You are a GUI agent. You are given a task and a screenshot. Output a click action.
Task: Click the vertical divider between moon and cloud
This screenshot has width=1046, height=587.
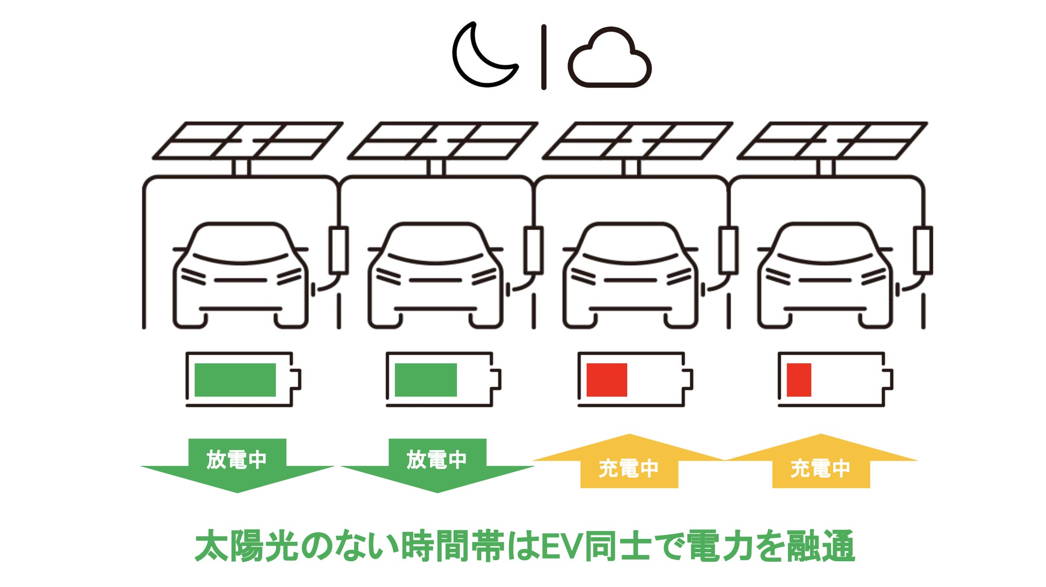coord(544,56)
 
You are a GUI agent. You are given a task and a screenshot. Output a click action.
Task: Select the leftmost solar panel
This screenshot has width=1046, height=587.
coord(248,141)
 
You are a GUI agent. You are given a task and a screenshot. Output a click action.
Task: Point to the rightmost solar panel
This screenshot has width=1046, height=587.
coord(832,141)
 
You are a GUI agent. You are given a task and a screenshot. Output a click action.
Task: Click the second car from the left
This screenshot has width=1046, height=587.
coord(436,276)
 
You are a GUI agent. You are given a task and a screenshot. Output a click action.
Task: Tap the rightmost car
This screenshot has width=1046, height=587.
coord(825,276)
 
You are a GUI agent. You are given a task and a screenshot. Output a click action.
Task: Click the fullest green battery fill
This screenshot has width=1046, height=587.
coord(235,380)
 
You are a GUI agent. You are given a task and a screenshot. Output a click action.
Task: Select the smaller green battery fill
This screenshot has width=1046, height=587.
coord(425,380)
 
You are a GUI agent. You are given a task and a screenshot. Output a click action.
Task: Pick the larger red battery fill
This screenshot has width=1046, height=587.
coord(607,380)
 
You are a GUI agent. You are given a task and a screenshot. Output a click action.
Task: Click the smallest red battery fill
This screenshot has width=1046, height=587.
coord(799,380)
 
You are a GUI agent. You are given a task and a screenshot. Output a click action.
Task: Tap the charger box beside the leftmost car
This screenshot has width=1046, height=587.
coord(338,250)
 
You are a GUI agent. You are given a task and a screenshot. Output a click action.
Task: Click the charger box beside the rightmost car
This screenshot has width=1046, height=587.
coord(923,250)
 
